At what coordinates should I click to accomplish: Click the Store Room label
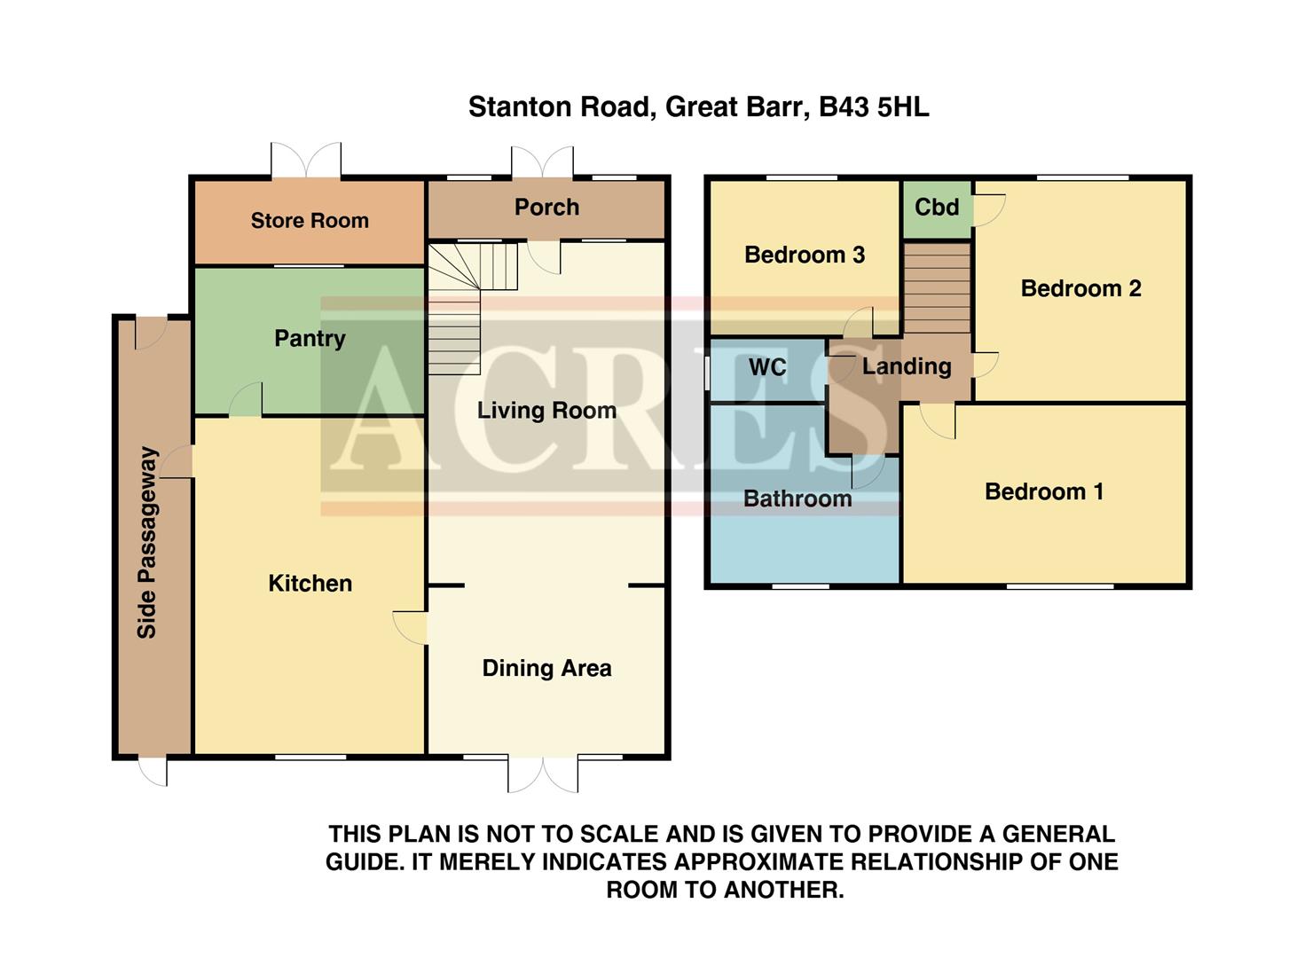tap(310, 221)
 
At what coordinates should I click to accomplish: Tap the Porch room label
tap(546, 208)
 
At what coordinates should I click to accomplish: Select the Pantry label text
tap(310, 339)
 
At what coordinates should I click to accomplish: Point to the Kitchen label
tap(310, 584)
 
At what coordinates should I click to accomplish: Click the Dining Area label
tap(546, 669)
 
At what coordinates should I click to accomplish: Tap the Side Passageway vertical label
tap(147, 542)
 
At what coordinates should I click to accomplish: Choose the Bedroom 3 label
tap(804, 255)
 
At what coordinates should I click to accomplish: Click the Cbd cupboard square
tap(937, 208)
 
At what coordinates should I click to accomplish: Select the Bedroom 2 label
tap(1080, 289)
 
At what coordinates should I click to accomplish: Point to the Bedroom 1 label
tap(1044, 492)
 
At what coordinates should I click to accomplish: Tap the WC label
tap(767, 368)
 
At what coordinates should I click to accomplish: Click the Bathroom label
tap(797, 499)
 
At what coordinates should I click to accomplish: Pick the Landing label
tap(907, 366)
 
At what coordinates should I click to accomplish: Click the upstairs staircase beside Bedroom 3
tap(937, 287)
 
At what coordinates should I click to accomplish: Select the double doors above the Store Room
tap(305, 160)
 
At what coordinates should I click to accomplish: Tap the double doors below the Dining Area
tap(543, 773)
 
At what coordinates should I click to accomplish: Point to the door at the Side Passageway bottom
tap(153, 771)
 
